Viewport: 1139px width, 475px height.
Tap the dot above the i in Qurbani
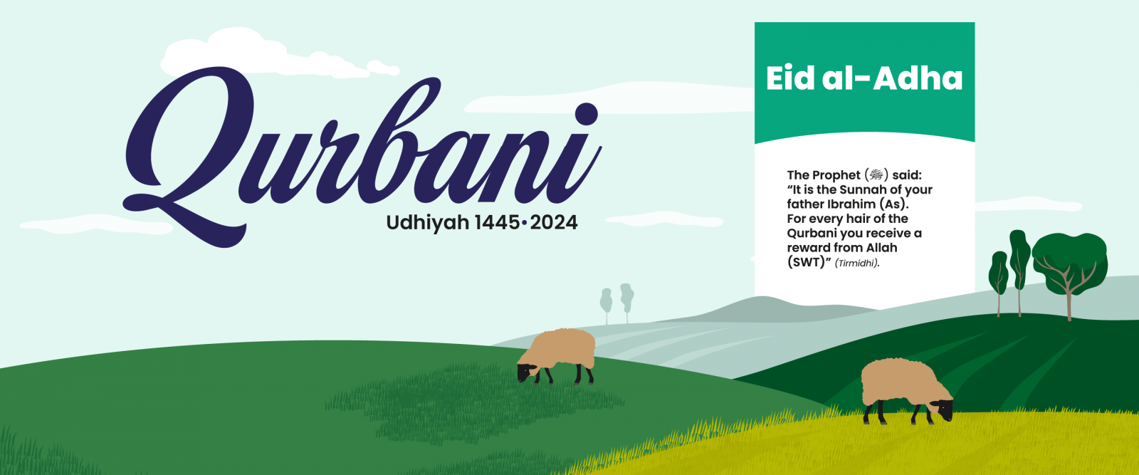587,114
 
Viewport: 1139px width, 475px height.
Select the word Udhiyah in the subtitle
428,223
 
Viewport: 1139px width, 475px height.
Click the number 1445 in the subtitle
497,222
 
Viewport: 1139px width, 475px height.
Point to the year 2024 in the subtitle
554,222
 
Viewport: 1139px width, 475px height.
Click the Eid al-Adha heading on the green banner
864,78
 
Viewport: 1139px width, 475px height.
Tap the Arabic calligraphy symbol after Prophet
876,175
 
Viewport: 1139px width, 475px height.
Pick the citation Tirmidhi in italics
857,263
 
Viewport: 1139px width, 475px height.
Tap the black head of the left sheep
526,372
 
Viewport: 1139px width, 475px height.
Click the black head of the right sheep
943,409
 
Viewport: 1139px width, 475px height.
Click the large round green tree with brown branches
1070,264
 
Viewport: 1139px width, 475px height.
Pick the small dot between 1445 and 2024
524,222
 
